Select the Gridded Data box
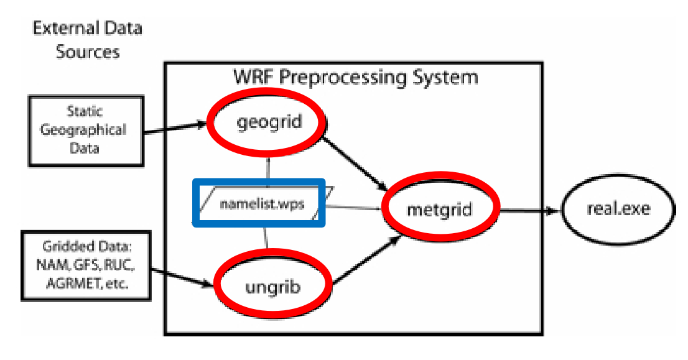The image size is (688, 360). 86,265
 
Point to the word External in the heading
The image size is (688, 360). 63,29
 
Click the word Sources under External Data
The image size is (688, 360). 88,51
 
